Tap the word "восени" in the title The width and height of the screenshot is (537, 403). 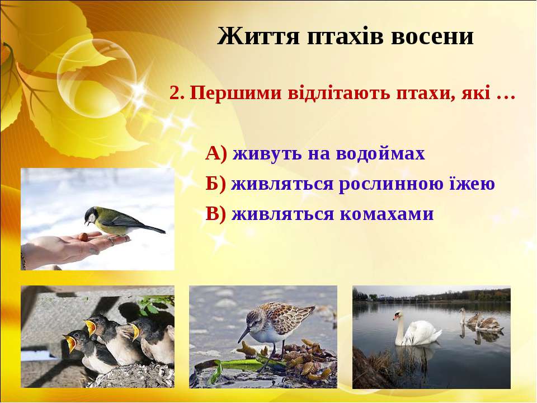tap(432, 36)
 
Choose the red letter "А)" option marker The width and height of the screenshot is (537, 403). tap(216, 153)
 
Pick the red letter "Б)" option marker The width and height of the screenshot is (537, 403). tap(216, 184)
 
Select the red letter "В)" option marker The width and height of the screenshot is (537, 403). tap(216, 214)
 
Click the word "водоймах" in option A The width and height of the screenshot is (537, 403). tap(380, 153)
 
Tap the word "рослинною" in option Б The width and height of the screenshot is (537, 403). tap(391, 184)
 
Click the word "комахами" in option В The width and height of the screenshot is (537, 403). tap(387, 214)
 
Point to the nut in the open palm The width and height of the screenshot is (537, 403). tap(83, 237)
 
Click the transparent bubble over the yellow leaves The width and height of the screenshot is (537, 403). tap(97, 78)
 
